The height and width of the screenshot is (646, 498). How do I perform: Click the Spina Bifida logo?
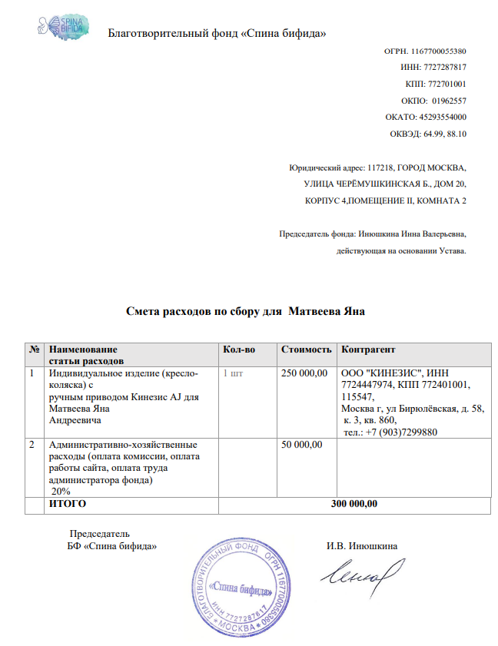[x=62, y=25]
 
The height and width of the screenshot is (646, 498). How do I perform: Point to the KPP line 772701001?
[x=435, y=84]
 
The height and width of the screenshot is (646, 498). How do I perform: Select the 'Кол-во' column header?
[x=238, y=350]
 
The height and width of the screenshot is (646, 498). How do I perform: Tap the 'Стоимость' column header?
[x=307, y=350]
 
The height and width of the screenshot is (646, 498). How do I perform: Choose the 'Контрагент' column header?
[x=368, y=350]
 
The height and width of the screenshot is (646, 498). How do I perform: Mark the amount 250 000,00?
[x=305, y=373]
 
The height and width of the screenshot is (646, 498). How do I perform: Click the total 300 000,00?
[x=354, y=505]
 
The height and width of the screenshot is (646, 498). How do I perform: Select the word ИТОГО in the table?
[x=68, y=505]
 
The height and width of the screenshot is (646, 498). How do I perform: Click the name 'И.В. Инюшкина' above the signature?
[x=362, y=546]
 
